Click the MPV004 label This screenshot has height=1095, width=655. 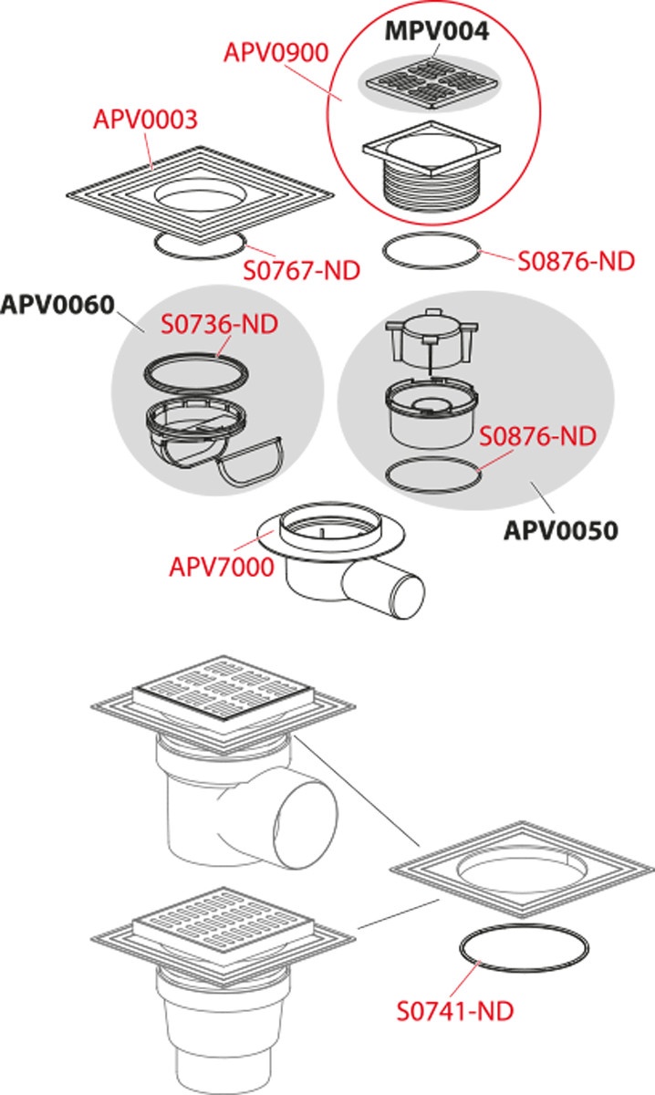(437, 30)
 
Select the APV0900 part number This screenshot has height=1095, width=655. (276, 53)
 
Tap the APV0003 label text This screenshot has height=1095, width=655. (146, 120)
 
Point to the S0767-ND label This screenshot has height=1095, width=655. (300, 270)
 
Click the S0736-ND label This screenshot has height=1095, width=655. (219, 324)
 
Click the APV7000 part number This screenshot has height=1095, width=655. (221, 567)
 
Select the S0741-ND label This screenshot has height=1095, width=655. (454, 1011)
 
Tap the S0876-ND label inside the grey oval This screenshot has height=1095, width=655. (537, 435)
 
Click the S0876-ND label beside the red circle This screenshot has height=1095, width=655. (576, 261)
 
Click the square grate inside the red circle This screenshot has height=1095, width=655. (429, 79)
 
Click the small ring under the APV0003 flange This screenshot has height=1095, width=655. (200, 244)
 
